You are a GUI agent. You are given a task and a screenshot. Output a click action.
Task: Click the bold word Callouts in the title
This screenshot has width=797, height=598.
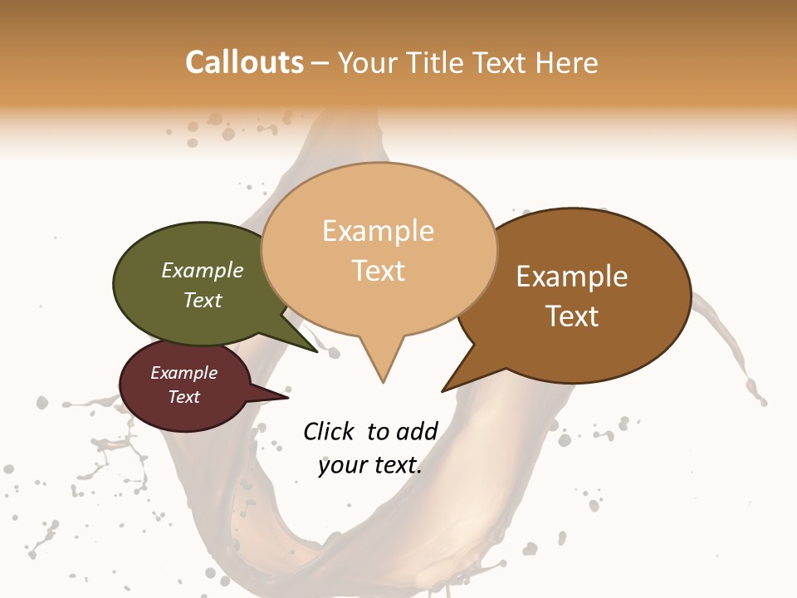244,62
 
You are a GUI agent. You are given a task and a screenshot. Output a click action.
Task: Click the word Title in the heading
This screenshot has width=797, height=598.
437,62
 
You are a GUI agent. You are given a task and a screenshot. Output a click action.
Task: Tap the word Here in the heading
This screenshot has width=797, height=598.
565,62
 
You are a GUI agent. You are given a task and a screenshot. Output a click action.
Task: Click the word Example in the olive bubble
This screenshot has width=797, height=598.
203,270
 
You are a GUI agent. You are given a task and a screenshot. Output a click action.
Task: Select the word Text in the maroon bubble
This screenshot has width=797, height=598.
184,397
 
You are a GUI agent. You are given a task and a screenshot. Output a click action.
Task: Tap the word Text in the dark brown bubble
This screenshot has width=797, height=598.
573,316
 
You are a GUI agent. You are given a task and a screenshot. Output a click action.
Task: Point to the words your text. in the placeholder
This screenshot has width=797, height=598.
370,465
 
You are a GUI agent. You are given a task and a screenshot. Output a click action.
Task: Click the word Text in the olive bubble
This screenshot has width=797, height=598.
203,300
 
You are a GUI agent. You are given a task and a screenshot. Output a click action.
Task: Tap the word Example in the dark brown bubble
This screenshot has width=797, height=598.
573,276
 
